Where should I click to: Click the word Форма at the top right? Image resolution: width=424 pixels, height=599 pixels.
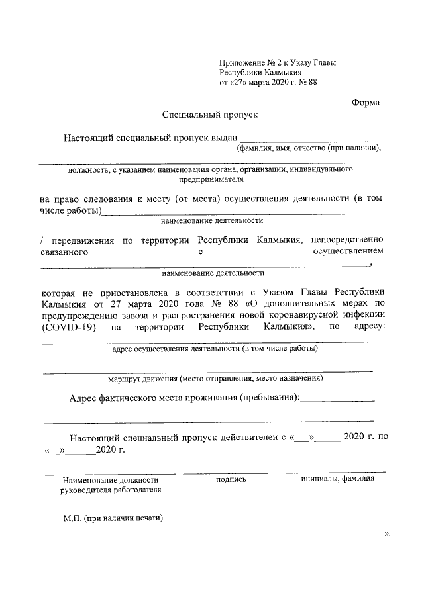365,102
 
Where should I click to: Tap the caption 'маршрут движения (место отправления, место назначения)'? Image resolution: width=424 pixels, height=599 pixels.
215,379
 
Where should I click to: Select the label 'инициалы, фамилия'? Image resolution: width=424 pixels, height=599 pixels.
338,479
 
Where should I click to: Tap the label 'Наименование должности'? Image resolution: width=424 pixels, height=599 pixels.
111,480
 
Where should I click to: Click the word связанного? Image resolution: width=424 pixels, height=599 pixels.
65,252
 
